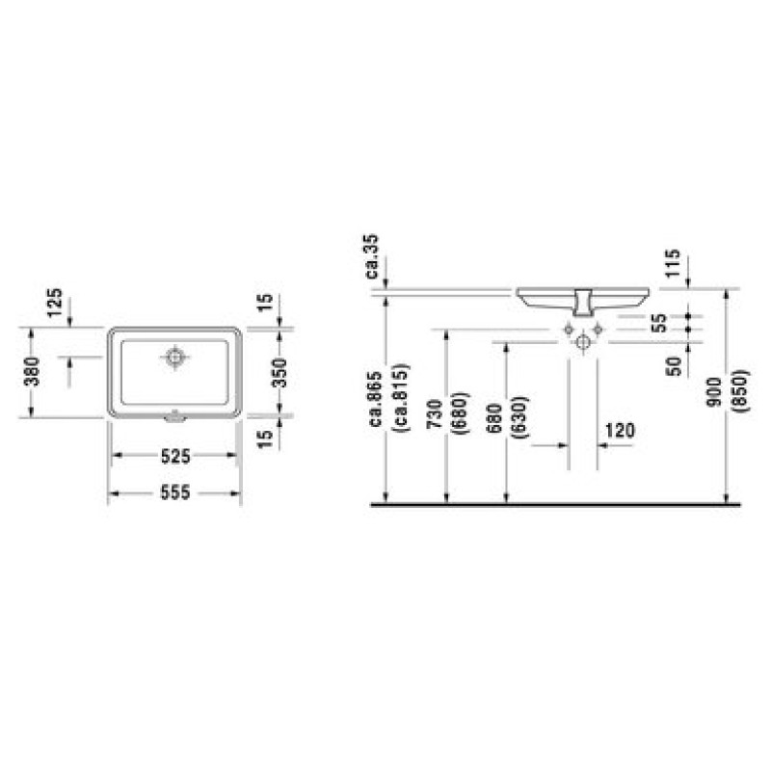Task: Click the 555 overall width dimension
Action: [175, 492]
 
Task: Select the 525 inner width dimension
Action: [175, 456]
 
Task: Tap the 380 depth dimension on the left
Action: [33, 371]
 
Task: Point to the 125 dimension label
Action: [55, 303]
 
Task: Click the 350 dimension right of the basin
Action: [279, 373]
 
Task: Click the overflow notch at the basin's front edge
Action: [174, 417]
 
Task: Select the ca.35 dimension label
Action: [372, 256]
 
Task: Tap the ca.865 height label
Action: [376, 399]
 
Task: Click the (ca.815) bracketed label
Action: [399, 399]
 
